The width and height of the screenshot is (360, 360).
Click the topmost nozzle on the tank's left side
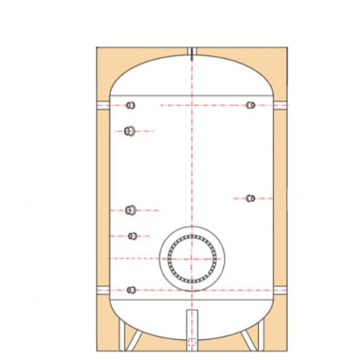[x=131, y=105]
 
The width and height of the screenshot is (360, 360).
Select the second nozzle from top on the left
[x=128, y=131]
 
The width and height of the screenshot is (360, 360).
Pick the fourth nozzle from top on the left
[x=133, y=236]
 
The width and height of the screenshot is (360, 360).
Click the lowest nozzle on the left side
[x=131, y=289]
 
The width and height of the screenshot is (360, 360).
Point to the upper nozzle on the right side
[x=250, y=105]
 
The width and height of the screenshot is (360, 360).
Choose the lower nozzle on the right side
[x=250, y=198]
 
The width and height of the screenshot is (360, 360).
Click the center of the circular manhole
[x=191, y=259]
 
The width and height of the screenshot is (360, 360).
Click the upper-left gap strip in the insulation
[x=101, y=105]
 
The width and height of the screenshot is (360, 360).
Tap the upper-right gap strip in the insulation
[x=281, y=105]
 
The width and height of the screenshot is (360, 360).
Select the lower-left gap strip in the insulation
[x=101, y=288]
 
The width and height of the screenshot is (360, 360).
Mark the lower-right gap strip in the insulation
[x=281, y=288]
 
